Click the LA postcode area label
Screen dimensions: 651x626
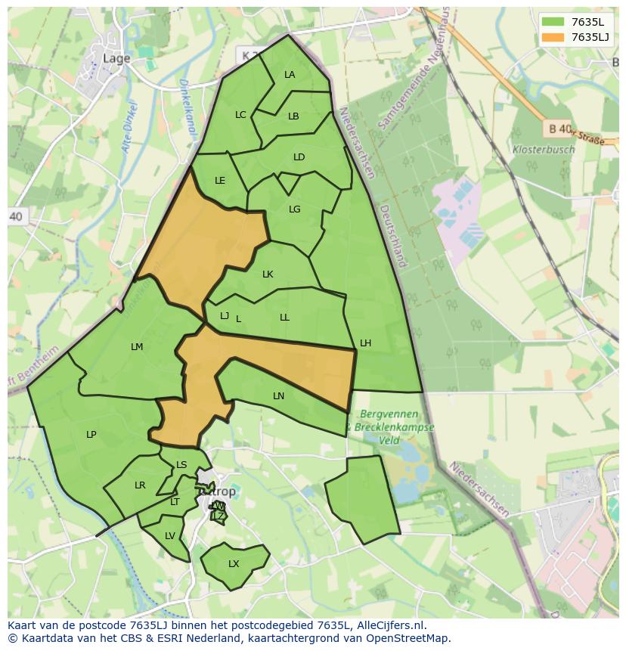point(290,74)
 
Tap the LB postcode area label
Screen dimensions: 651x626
point(293,116)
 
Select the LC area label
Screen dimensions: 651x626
point(240,115)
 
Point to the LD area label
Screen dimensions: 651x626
point(299,157)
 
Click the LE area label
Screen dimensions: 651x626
point(220,181)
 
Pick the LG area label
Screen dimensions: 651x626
point(295,209)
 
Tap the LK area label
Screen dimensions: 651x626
point(268,274)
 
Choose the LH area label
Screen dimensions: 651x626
point(365,343)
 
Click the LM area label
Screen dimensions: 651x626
point(137,346)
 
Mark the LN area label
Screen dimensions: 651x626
point(278,395)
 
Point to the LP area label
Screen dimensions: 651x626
point(91,434)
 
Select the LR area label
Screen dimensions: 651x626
point(140,485)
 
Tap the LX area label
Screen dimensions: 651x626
point(234,564)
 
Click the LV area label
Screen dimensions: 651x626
point(170,535)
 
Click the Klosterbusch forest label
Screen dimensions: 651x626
point(543,150)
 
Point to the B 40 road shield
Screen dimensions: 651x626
point(559,129)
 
